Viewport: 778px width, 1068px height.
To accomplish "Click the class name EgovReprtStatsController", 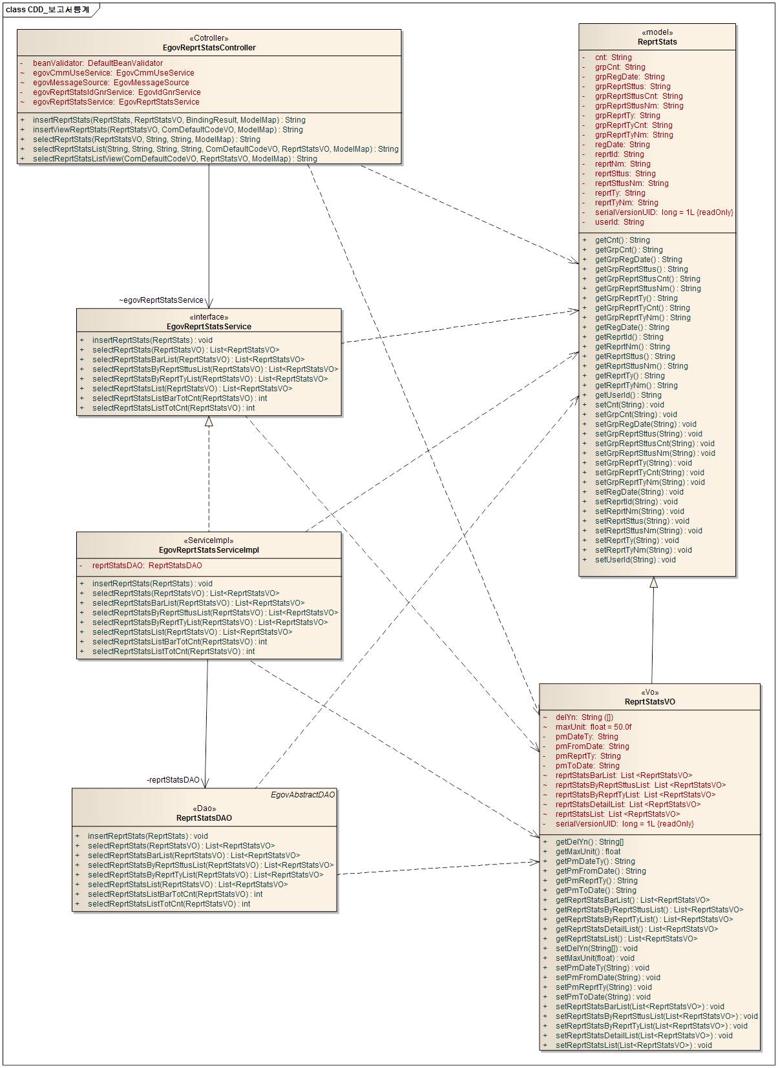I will [209, 48].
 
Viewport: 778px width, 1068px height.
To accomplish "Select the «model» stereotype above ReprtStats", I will [657, 32].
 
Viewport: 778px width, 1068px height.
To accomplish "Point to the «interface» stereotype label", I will [209, 317].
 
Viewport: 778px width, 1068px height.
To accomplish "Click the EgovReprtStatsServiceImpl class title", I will [209, 550].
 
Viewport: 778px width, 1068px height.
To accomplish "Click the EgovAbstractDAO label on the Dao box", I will [302, 795].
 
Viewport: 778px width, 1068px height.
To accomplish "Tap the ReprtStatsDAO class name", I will [204, 818].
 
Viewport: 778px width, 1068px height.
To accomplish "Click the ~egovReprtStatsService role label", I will [161, 300].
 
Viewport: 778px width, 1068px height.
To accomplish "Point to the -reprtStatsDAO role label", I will [173, 780].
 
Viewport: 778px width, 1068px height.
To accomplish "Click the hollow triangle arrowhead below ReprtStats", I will [653, 582].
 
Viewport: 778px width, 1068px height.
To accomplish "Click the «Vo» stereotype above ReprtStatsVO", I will [649, 692].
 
